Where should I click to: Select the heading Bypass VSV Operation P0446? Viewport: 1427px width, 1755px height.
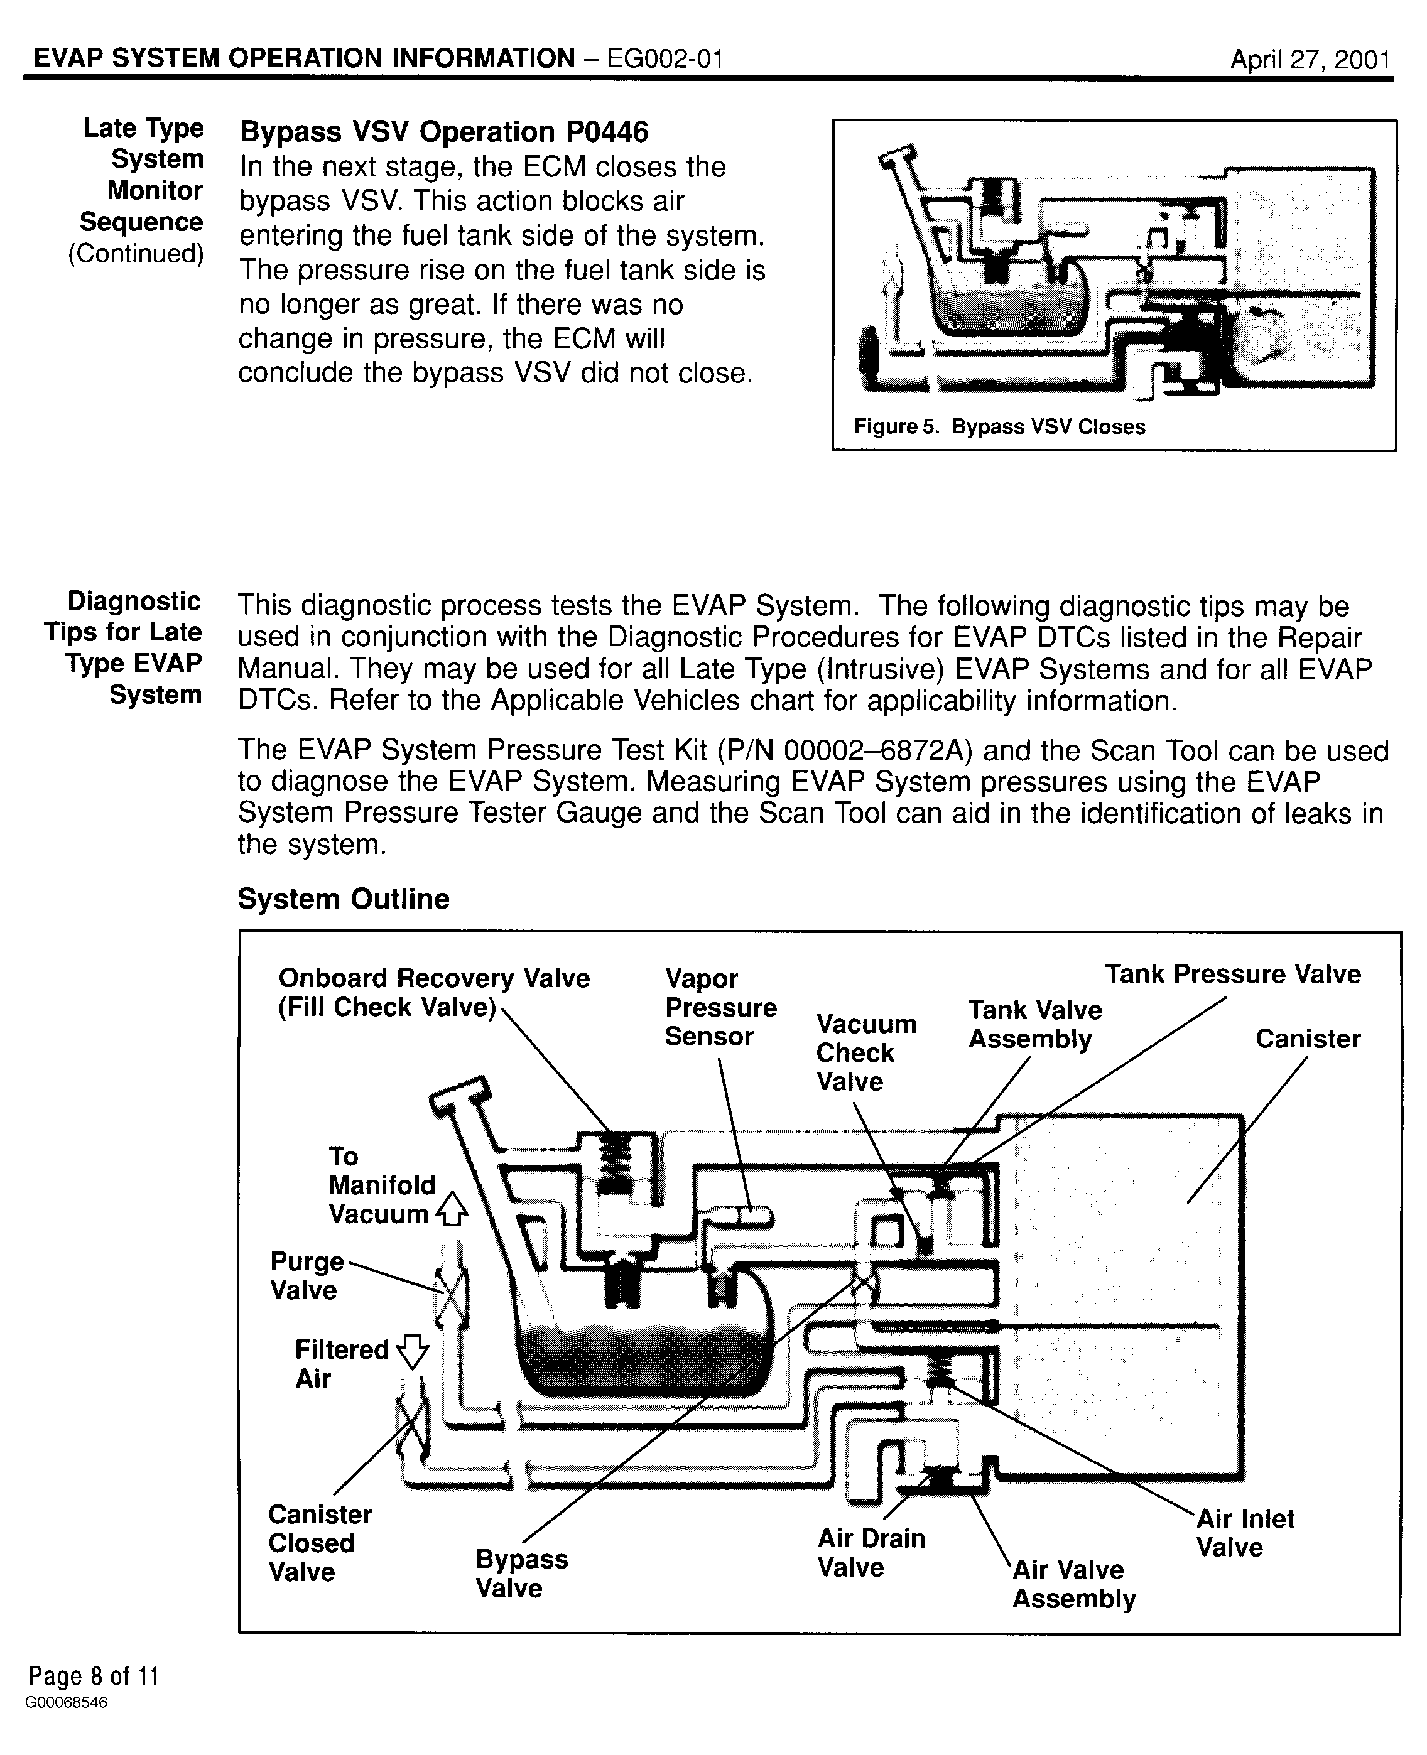pyautogui.click(x=444, y=131)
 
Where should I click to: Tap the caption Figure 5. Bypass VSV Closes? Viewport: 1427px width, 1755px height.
pyautogui.click(x=999, y=426)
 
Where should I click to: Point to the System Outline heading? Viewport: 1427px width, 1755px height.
pyautogui.click(x=344, y=899)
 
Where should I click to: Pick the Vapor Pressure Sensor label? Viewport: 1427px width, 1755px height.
pyautogui.click(x=720, y=1007)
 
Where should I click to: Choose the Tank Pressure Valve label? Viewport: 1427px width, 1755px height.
pyautogui.click(x=1232, y=975)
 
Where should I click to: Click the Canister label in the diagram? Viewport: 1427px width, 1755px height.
pyautogui.click(x=1307, y=1039)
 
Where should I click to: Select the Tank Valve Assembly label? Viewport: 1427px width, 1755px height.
pyautogui.click(x=1034, y=1025)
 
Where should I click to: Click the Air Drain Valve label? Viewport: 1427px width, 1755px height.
pyautogui.click(x=871, y=1553)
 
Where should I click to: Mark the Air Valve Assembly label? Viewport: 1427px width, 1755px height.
pyautogui.click(x=1073, y=1584)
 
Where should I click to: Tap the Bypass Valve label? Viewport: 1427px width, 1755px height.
pyautogui.click(x=521, y=1573)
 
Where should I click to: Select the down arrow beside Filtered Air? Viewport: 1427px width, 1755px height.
pyautogui.click(x=412, y=1350)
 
